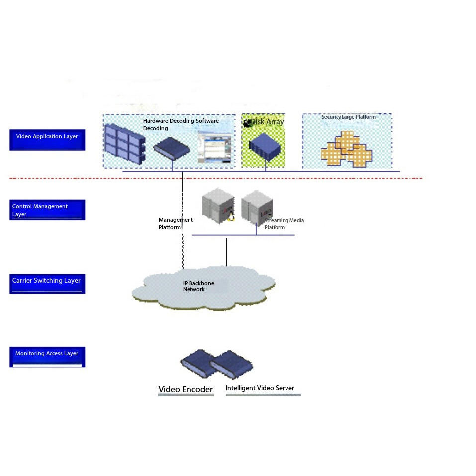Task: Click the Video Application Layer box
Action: point(47,139)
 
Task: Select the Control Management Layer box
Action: point(47,210)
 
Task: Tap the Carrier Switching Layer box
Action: point(47,283)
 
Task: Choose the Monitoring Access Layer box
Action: point(47,356)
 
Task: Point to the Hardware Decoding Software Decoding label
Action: point(181,124)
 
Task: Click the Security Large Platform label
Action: point(348,117)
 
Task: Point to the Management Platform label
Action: point(175,223)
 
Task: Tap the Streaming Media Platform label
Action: point(284,224)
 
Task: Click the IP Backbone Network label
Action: point(198,286)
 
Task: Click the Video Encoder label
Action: point(186,389)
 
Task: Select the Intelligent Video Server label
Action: point(260,388)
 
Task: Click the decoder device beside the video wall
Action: point(172,148)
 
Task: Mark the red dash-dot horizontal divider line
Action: point(298,178)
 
